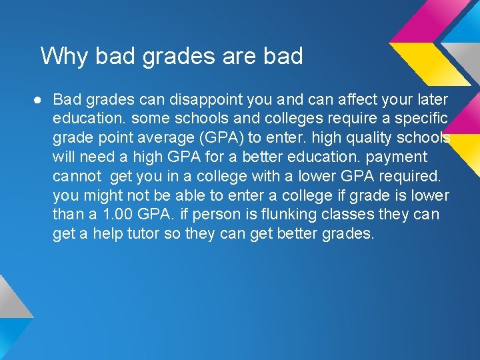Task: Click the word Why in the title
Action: (x=65, y=56)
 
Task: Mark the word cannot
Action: (x=76, y=177)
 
